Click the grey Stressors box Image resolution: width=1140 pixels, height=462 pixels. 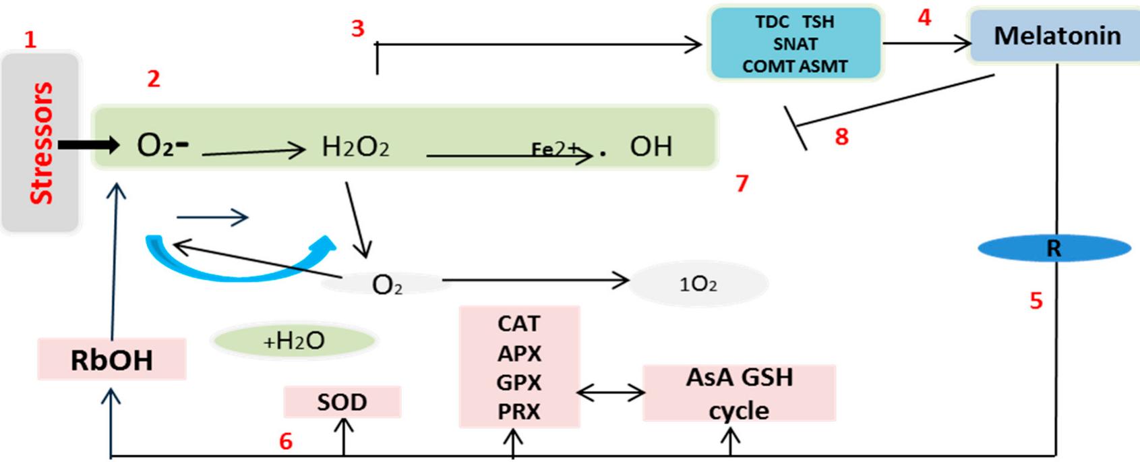[x=40, y=143]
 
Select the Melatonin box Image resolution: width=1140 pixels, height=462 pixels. [x=1056, y=36]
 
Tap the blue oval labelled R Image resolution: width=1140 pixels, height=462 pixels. [x=1054, y=249]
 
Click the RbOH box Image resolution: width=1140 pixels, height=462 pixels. [x=112, y=360]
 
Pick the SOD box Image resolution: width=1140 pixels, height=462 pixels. [x=342, y=403]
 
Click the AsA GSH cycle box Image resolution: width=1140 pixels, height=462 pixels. [x=739, y=394]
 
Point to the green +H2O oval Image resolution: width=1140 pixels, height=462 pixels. [x=293, y=341]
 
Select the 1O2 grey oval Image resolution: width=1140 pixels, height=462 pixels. [x=698, y=284]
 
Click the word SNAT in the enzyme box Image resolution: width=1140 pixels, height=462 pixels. [x=795, y=45]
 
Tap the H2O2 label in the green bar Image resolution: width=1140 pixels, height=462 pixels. [x=355, y=147]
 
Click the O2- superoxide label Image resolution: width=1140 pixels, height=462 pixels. [x=162, y=145]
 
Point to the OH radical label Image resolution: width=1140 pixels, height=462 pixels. [x=650, y=147]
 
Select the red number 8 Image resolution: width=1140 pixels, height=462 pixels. [x=841, y=137]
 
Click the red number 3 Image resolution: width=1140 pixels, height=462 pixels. [x=358, y=28]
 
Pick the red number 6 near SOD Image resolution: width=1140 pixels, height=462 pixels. [x=286, y=441]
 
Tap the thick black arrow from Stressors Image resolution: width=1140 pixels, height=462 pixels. [x=88, y=144]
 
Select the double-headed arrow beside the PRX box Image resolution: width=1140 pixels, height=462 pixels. [x=611, y=393]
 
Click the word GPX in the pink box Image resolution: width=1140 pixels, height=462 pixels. [x=518, y=382]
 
